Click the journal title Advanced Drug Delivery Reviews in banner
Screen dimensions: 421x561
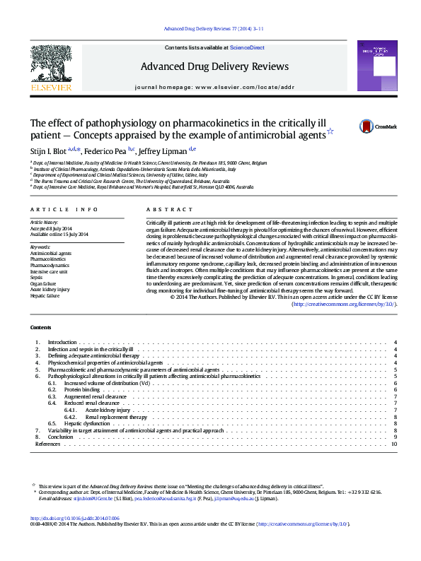click(x=214, y=66)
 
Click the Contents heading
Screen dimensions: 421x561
click(x=40, y=327)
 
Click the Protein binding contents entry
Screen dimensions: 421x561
click(x=81, y=389)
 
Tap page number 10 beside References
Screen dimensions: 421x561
click(x=394, y=444)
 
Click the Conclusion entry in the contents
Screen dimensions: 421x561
click(x=60, y=437)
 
